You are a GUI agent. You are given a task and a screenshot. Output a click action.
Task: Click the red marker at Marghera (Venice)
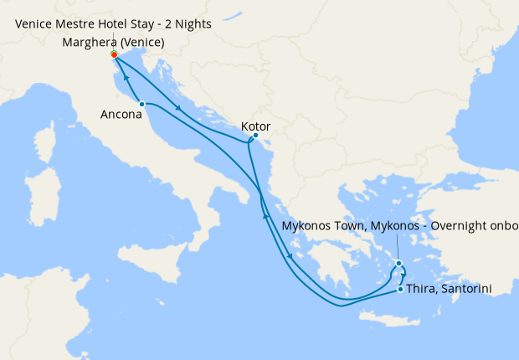[x=114, y=55]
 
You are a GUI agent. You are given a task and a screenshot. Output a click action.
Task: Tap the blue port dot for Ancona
[x=142, y=104]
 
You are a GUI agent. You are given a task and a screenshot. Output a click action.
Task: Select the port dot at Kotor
[x=255, y=136]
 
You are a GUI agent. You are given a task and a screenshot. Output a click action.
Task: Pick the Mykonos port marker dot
[x=399, y=264]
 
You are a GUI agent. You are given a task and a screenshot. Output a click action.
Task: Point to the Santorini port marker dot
[x=401, y=290]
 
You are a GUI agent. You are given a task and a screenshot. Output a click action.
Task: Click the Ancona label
[x=121, y=115]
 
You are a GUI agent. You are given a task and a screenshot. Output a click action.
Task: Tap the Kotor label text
[x=254, y=126]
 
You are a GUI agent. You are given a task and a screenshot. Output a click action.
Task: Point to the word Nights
[x=193, y=23]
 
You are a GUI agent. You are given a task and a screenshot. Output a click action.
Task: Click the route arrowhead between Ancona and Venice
[x=126, y=76]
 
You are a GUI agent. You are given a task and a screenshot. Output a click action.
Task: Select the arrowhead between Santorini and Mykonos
[x=403, y=275]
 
